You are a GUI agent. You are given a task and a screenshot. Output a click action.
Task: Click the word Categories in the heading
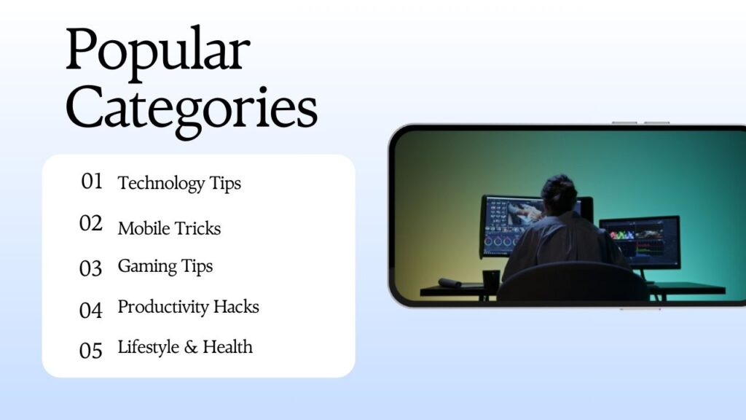tap(192, 111)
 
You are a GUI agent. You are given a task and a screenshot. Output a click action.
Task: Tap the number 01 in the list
tap(92, 182)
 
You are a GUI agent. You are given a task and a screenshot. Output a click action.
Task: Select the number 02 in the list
tap(91, 223)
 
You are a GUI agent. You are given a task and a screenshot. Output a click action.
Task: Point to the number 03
tap(90, 268)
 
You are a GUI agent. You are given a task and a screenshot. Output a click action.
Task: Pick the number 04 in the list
tap(91, 311)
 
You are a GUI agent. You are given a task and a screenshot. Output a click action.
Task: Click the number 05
tap(91, 351)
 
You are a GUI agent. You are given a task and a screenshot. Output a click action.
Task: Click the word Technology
tap(161, 184)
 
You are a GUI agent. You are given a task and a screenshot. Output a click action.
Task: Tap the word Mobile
tap(141, 228)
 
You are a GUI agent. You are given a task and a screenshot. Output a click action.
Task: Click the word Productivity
tap(163, 308)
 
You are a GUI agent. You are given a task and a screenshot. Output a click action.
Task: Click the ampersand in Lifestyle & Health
tap(191, 348)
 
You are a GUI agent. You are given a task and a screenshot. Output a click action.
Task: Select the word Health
tap(228, 346)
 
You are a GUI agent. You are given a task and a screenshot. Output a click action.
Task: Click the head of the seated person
tap(559, 195)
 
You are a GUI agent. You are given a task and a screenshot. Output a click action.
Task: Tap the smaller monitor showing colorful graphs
tap(640, 242)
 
